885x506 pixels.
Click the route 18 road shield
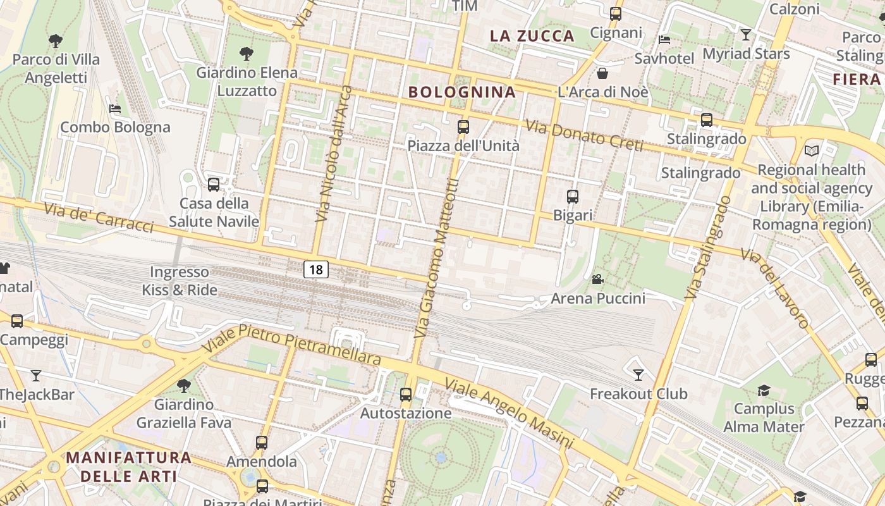click(316, 269)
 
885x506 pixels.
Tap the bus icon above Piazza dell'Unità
click(463, 127)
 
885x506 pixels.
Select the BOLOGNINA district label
click(462, 92)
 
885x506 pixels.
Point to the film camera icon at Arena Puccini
click(597, 279)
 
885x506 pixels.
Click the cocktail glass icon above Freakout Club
click(638, 375)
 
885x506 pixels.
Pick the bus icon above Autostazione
click(406, 395)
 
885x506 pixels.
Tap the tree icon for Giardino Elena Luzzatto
click(247, 54)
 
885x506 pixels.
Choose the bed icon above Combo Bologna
click(114, 109)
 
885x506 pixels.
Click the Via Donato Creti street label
click(584, 136)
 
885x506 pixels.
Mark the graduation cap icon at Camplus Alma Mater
click(764, 390)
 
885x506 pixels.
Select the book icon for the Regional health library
click(812, 151)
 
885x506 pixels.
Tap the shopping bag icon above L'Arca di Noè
click(602, 73)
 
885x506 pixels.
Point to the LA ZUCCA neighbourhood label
click(532, 36)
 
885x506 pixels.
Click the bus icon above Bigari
click(573, 197)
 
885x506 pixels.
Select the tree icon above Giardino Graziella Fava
click(184, 385)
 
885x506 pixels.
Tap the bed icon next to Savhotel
click(664, 39)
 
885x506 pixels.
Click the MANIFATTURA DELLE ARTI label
click(129, 466)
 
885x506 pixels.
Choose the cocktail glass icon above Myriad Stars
click(746, 35)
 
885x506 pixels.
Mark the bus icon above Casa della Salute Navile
click(214, 185)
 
